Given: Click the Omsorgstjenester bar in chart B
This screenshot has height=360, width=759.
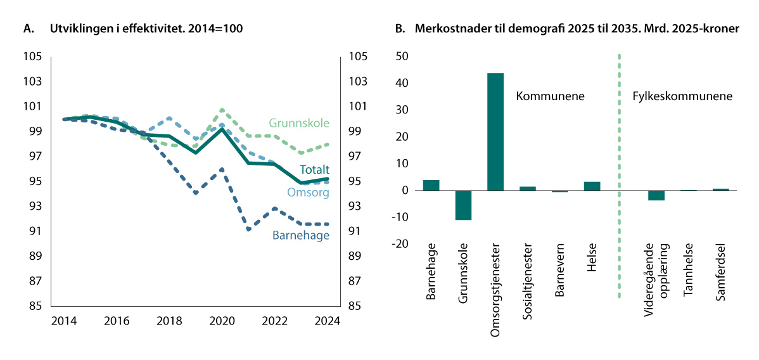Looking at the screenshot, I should pos(495,132).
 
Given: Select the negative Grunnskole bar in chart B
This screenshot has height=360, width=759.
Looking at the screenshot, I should pos(463,205).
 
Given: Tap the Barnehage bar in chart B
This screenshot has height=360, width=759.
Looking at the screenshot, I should pos(431,185).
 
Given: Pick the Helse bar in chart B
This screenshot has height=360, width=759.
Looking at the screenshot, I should pos(591,186).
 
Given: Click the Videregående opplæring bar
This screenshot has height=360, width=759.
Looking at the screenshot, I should pos(656,195).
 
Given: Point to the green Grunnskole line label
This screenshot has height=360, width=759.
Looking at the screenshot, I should pos(299,123).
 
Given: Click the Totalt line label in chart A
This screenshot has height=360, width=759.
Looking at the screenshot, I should pos(315,169).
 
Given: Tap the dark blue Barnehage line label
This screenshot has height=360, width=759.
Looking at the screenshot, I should pos(301,235).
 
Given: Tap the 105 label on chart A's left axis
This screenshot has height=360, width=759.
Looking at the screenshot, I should pos(34,56).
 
